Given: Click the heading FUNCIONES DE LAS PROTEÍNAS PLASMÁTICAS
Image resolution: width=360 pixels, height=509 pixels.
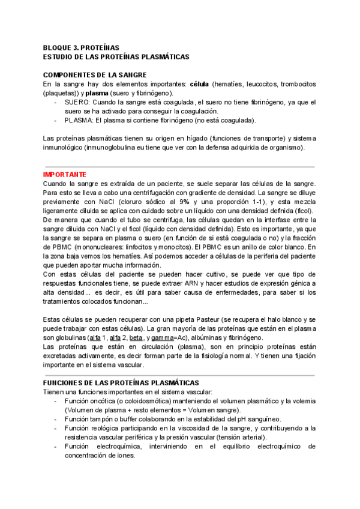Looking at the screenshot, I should (121, 382).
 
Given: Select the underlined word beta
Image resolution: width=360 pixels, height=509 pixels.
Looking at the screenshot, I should (136, 338).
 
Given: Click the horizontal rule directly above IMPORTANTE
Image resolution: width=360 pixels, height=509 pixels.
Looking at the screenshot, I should (179, 166).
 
